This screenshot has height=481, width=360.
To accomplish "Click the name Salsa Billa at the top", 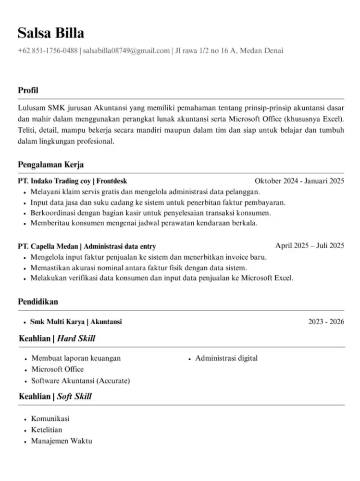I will coord(51,33).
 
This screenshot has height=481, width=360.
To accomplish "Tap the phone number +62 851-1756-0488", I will coord(48,51).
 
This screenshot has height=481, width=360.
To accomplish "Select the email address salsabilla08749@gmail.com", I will coord(126,51).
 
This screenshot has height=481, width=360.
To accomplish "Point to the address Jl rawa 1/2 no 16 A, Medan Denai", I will coord(229,51).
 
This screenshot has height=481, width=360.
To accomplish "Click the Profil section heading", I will coord(28,90).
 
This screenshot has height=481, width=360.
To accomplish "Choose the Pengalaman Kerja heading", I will coord(51,165).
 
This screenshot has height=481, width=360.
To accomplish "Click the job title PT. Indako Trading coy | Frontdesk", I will coord(73,181).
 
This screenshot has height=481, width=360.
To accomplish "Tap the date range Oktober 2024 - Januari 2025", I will coord(299,181).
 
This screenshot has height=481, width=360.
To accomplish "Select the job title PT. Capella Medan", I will coord(48,246).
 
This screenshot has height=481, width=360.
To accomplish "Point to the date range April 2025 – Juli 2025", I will coord(310,245).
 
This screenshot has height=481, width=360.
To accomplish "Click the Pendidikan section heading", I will coord(38,302).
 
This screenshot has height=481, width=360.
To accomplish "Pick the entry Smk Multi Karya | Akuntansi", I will coord(76,321).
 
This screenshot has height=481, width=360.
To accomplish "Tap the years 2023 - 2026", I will coord(326,321).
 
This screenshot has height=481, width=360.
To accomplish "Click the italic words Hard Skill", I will coord(76,339).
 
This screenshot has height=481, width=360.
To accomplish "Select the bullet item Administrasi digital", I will coord(226,358).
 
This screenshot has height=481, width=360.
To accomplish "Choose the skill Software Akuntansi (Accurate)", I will coord(80,381).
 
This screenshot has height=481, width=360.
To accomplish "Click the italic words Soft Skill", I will coord(74,396).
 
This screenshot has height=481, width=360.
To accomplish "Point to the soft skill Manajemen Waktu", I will coord(62,441).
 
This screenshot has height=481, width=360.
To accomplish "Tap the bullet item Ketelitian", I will coord(47,430).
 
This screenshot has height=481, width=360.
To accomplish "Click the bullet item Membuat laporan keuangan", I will coord(76,358).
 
